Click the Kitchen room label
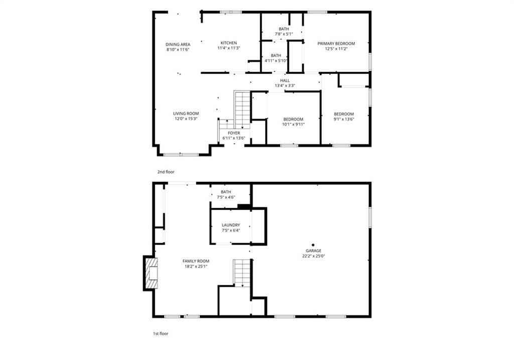click(x=228, y=43)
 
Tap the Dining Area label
click(x=178, y=45)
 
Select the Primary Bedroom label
click(x=336, y=44)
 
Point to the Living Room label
click(x=186, y=114)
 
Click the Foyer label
click(x=234, y=133)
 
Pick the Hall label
click(x=285, y=81)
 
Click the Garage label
click(x=313, y=251)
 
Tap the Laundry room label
click(x=231, y=225)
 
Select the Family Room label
click(x=196, y=261)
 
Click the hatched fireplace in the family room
click(x=151, y=273)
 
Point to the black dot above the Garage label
click(x=313, y=245)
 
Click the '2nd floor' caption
click(x=166, y=172)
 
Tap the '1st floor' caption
click(x=161, y=334)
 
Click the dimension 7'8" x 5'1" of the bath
click(x=284, y=34)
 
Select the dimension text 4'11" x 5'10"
click(x=276, y=61)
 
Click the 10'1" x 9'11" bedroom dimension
click(x=293, y=124)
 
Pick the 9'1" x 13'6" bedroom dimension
click(x=344, y=119)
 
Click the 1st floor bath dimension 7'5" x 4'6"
click(x=226, y=197)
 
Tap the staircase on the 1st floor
click(x=242, y=273)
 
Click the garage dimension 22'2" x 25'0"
click(x=313, y=256)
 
